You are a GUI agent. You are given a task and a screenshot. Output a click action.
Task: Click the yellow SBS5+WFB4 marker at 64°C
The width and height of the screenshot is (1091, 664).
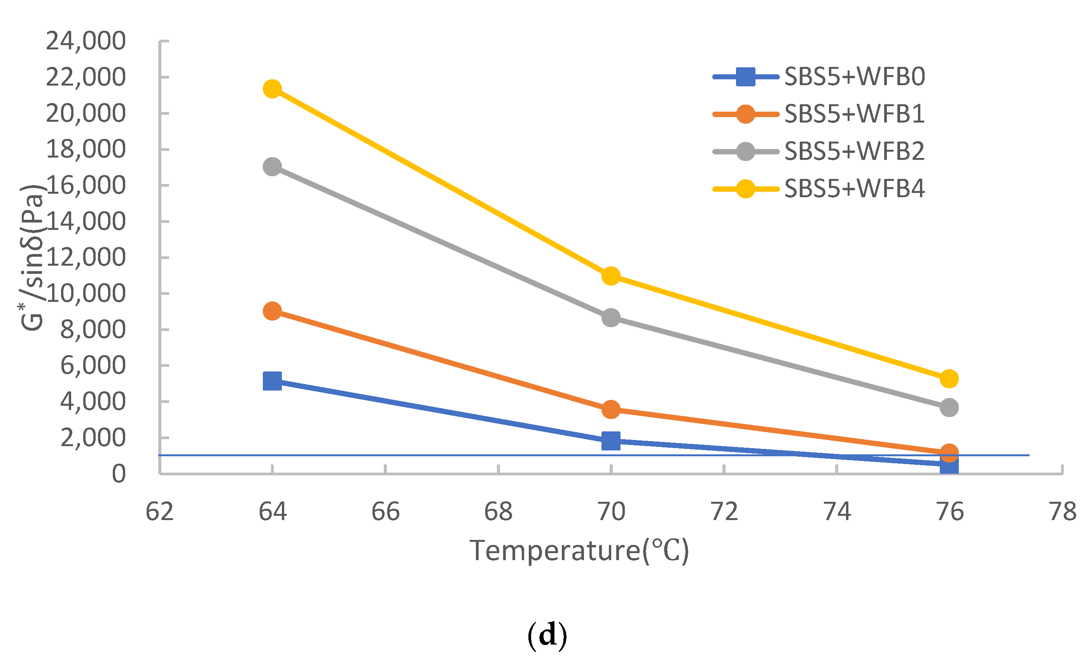coord(272,89)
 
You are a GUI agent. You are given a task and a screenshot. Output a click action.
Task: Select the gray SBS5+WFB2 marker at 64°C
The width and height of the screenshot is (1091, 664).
coord(272,166)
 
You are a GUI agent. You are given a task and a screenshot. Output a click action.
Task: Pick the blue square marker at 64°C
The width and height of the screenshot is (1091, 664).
coord(272,381)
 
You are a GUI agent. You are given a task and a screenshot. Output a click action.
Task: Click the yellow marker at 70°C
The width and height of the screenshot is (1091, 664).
coord(611,276)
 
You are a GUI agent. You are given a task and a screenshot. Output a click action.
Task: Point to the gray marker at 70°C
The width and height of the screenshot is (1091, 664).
coord(611,317)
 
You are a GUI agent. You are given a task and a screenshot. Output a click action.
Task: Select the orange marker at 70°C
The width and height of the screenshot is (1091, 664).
coord(611,409)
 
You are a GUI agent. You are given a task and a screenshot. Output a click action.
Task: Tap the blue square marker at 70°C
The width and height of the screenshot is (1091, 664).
coord(611,441)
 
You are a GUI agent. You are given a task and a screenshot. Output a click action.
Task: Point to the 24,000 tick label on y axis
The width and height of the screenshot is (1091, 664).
coord(86,41)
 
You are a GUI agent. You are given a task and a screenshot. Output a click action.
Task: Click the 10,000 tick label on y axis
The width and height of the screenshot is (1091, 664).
coord(86,293)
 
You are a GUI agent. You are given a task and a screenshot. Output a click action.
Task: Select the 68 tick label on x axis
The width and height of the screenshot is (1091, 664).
coord(498,512)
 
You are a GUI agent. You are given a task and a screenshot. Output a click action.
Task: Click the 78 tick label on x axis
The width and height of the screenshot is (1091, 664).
coord(1063,512)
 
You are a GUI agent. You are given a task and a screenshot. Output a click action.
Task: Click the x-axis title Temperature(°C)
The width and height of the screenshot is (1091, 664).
coord(579,550)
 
